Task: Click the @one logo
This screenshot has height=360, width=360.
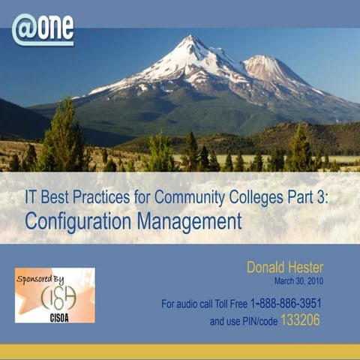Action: pos(43,29)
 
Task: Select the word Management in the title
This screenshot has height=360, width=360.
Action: pos(196,221)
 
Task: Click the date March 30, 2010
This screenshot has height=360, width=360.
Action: pos(318,281)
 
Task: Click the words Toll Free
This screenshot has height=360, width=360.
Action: pos(229,304)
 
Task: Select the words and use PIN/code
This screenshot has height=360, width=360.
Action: pos(243,321)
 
